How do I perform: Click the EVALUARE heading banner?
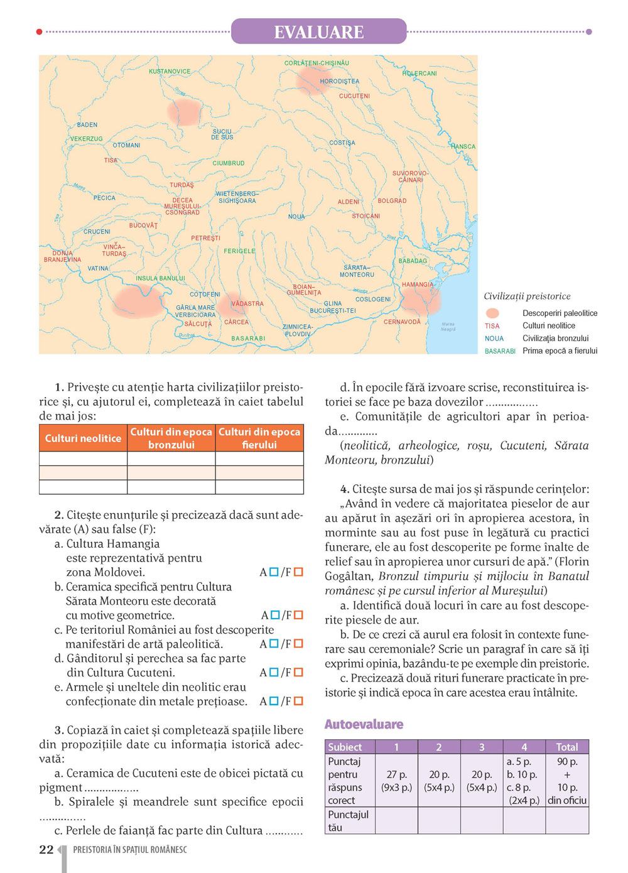click(x=318, y=31)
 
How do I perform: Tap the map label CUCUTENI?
click(x=354, y=96)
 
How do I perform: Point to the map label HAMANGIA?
click(x=418, y=285)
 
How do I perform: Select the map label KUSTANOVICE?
click(x=170, y=72)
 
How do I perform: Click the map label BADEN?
click(x=87, y=125)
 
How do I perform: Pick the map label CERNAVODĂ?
click(x=402, y=322)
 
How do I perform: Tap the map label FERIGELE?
click(x=239, y=251)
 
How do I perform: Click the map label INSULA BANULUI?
click(x=160, y=278)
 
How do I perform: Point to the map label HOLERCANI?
click(x=420, y=73)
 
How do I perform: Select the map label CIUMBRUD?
click(x=229, y=163)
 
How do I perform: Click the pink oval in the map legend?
click(x=493, y=313)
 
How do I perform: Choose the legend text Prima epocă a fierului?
click(x=560, y=351)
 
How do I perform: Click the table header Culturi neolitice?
click(x=83, y=438)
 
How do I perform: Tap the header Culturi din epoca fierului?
click(x=259, y=438)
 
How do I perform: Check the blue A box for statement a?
click(x=274, y=572)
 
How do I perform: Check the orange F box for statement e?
click(x=298, y=701)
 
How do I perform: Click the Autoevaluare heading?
click(x=364, y=724)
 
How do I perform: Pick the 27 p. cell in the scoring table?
click(x=396, y=781)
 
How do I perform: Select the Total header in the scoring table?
click(x=566, y=747)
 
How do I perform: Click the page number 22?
click(x=46, y=850)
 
